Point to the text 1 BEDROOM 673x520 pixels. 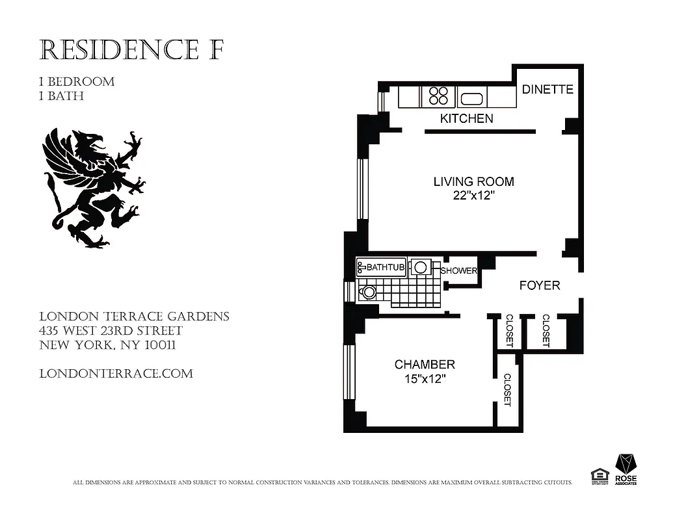(x=77, y=82)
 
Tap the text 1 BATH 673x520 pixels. (x=62, y=96)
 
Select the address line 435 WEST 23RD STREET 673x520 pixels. (x=111, y=331)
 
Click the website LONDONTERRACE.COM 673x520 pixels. (x=116, y=374)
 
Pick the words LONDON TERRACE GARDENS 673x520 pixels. (x=135, y=317)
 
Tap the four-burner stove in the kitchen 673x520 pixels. (x=438, y=96)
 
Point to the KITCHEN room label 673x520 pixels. (x=466, y=118)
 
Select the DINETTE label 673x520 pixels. (x=548, y=90)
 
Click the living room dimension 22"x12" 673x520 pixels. (x=473, y=196)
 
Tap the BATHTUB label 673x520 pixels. (x=386, y=267)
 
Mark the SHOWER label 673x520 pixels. (x=459, y=271)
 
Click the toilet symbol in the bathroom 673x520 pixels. (x=368, y=292)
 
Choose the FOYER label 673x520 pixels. (x=539, y=285)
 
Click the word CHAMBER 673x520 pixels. (x=425, y=365)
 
